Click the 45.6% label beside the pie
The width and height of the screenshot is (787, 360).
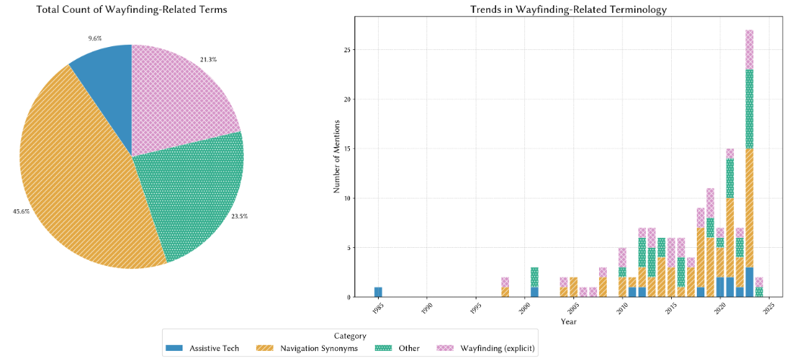click(x=21, y=211)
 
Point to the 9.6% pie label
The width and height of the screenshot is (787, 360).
click(x=95, y=36)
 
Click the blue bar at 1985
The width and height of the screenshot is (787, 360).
click(x=378, y=292)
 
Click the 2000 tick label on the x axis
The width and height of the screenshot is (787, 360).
click(x=524, y=308)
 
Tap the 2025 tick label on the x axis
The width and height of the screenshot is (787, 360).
click(x=769, y=308)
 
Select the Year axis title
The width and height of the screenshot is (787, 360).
click(x=567, y=321)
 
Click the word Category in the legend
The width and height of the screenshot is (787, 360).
click(x=350, y=336)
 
